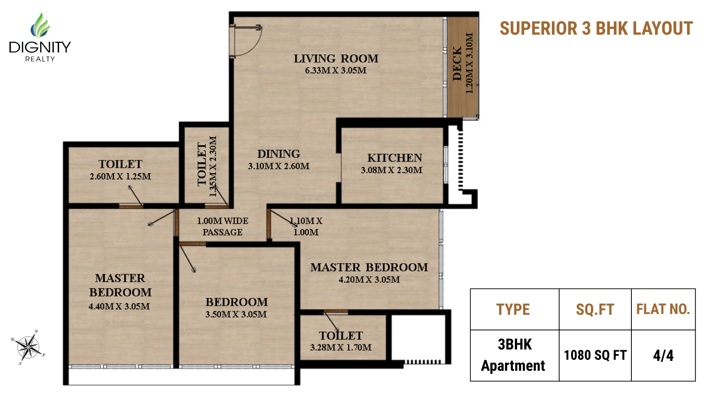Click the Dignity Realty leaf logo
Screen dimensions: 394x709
pos(40,25)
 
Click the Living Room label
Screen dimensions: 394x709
pos(336,59)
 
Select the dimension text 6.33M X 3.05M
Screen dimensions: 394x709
pos(336,71)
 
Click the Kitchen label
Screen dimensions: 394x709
pos(394,158)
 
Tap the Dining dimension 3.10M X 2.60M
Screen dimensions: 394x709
pos(278,166)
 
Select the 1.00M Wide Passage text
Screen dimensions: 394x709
pos(223,227)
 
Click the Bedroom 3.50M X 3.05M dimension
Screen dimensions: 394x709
pos(236,314)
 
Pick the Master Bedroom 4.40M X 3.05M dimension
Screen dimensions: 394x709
pos(119,307)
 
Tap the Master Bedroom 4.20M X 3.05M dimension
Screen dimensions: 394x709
pos(369,280)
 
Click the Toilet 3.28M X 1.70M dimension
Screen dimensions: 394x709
pos(341,348)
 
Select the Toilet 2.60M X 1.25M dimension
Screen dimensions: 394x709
pos(120,177)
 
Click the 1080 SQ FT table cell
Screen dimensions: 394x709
pos(595,355)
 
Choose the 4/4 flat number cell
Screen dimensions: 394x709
pos(663,355)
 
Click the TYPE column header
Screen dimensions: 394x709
pos(513,310)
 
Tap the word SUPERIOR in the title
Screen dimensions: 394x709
pos(538,29)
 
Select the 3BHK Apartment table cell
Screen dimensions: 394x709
pos(514,355)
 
